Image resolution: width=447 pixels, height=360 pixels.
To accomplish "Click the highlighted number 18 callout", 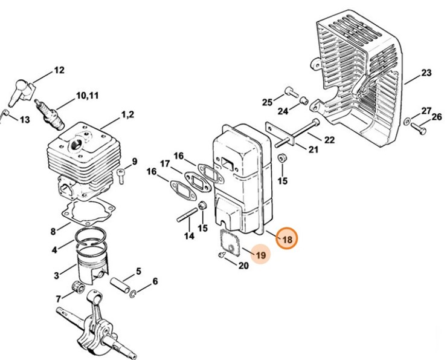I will (x=287, y=240).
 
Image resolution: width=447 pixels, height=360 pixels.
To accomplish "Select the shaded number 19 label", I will (x=260, y=256).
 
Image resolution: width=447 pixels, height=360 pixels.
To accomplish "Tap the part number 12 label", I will (x=59, y=70).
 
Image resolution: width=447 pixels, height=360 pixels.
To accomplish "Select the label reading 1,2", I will (x=127, y=114).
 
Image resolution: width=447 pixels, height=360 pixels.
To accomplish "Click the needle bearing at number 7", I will (x=77, y=287).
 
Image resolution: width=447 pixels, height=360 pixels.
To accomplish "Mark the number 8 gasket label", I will (x=53, y=231).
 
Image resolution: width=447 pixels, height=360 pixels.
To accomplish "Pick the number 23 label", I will (x=426, y=73).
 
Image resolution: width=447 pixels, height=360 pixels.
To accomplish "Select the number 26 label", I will (x=437, y=117).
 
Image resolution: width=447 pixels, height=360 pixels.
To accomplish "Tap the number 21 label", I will (x=313, y=149).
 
